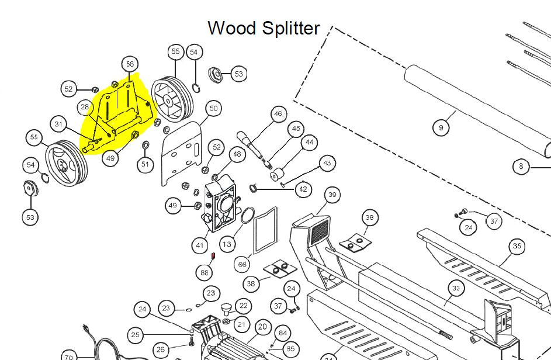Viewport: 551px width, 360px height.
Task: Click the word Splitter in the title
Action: (292, 28)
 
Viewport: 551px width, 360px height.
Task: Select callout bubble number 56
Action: (130, 64)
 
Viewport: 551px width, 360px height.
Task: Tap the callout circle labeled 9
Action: (441, 127)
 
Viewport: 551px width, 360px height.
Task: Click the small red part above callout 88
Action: (213, 255)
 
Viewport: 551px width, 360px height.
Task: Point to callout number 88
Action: (204, 272)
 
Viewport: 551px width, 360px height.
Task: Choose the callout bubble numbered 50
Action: (213, 109)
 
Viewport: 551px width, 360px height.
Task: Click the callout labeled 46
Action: (279, 113)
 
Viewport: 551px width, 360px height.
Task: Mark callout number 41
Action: (200, 245)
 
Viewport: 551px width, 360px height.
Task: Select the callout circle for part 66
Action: (242, 264)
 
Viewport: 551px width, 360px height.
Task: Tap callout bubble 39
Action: (332, 195)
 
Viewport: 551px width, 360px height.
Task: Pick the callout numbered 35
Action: (517, 246)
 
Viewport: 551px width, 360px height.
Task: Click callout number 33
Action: (456, 288)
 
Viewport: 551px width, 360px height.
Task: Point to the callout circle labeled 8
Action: (521, 166)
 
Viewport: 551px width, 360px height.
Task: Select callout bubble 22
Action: (243, 306)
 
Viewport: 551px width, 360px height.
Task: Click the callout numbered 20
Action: (262, 327)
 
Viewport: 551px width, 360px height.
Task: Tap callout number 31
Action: (58, 124)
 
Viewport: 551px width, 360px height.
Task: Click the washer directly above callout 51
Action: (145, 145)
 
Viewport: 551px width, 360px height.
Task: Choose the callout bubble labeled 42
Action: (303, 189)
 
